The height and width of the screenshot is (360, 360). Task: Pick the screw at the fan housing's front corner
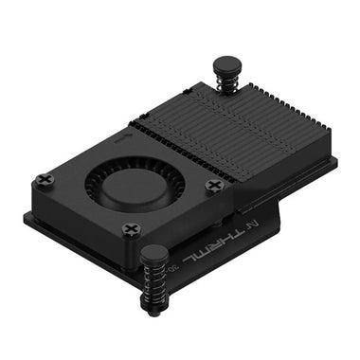[132, 228]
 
